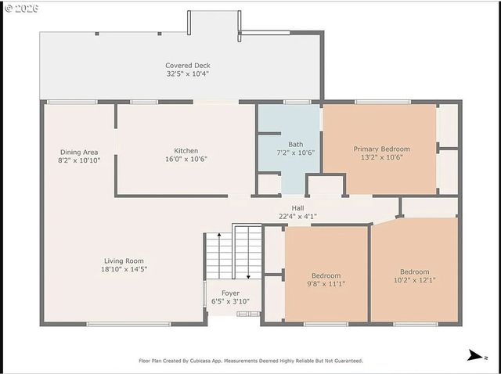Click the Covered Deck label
tap(188, 66)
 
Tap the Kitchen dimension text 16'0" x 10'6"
tap(186, 159)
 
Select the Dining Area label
tap(79, 153)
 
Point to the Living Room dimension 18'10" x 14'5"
tap(124, 269)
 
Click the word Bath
tap(296, 145)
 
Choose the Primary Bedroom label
tap(381, 149)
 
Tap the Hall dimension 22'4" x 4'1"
tap(297, 217)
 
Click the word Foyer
tap(230, 293)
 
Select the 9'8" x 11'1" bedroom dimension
tap(326, 283)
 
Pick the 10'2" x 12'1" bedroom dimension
tap(414, 280)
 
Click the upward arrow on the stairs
tap(219, 256)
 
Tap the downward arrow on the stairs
tap(248, 256)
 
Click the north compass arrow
tap(475, 355)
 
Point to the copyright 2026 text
tap(22, 9)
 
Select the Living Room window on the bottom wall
tap(128, 324)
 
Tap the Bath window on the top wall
tap(297, 102)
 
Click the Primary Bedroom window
tap(383, 102)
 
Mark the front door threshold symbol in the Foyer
tap(248, 314)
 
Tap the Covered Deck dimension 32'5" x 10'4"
tap(188, 74)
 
